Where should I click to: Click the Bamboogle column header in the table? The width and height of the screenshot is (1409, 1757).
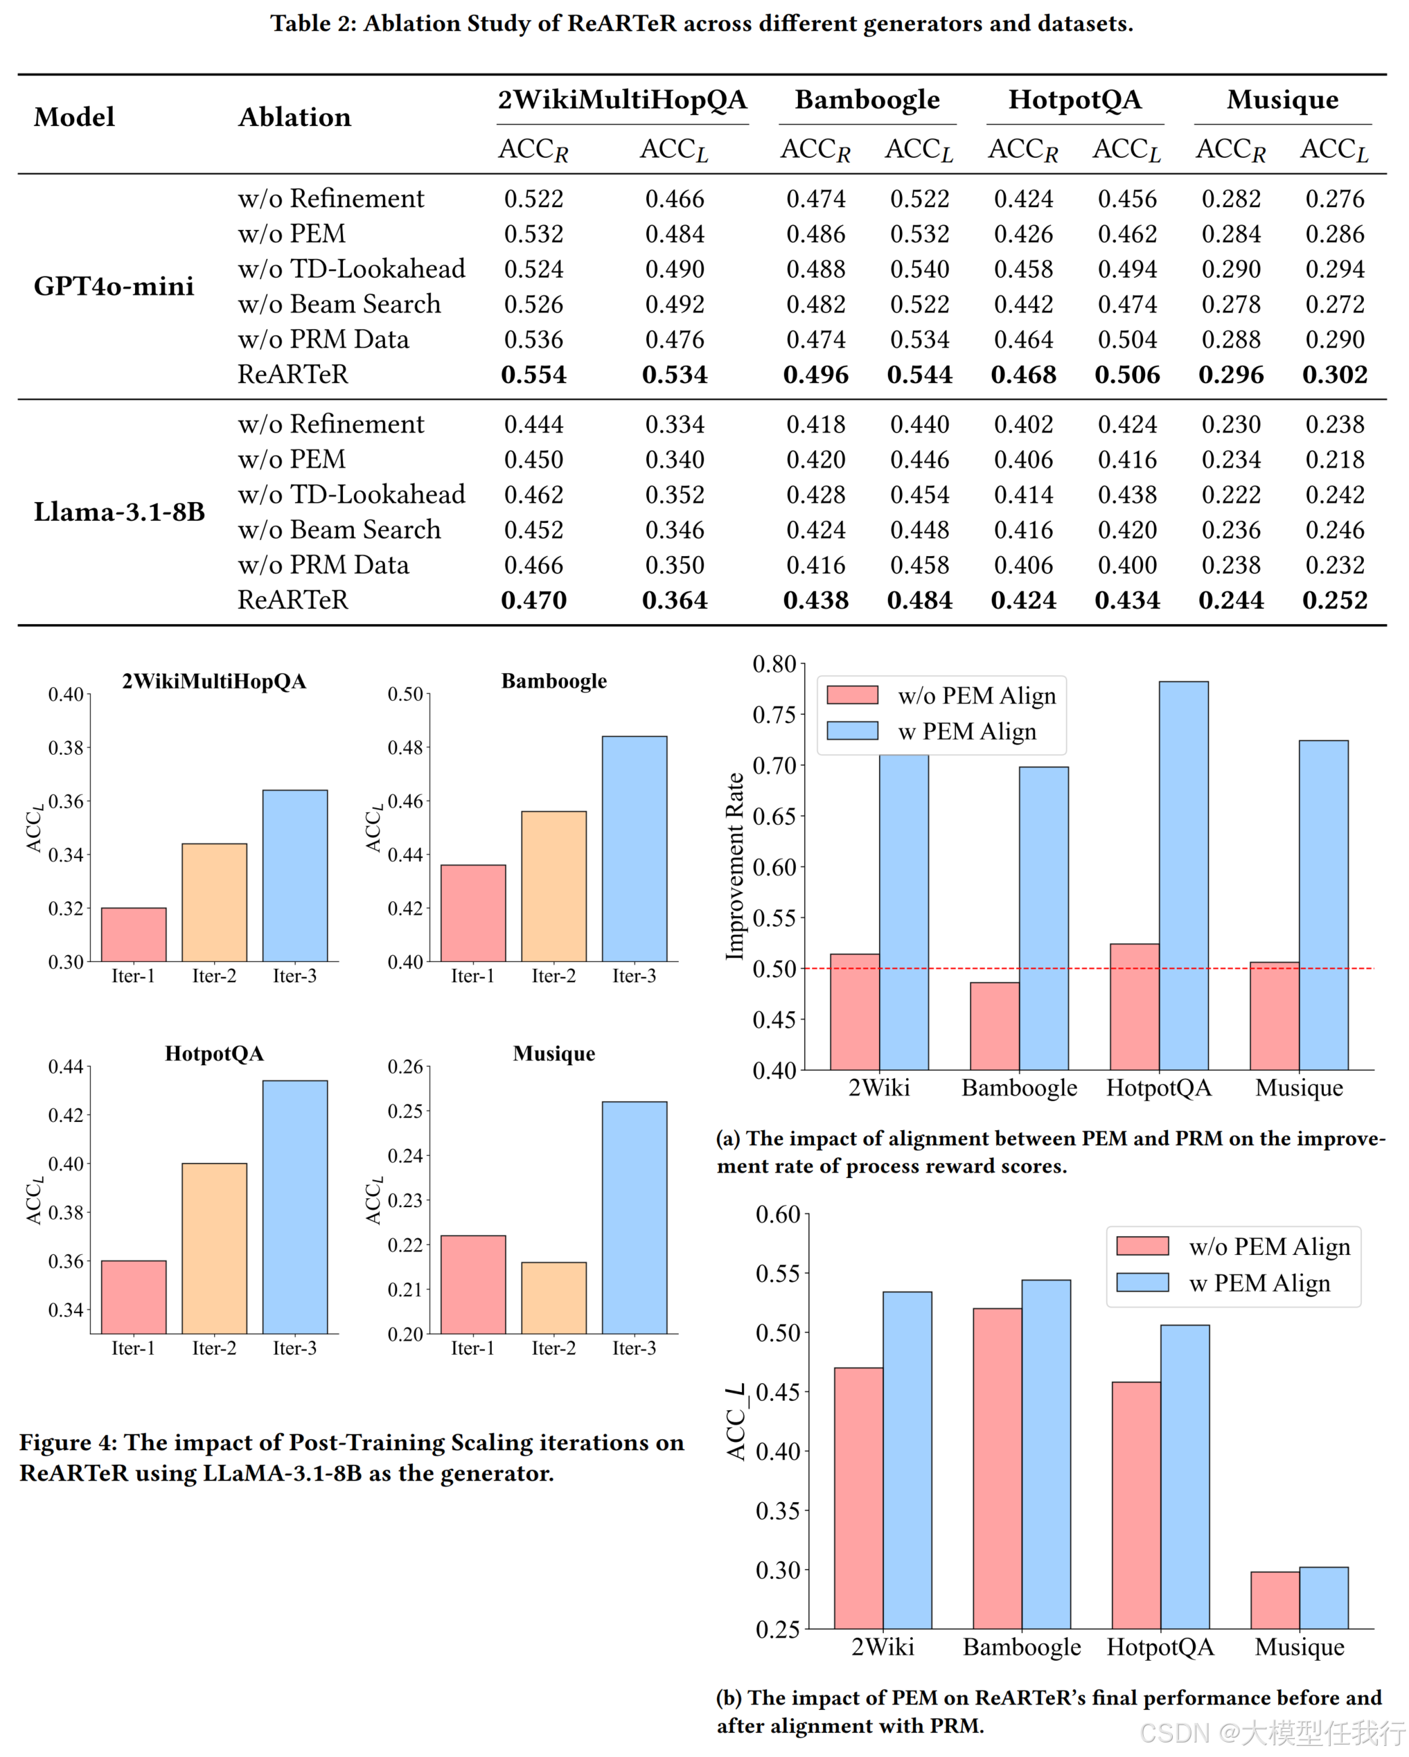coord(867,100)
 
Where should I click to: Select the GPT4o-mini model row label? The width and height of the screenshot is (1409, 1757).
coord(114,286)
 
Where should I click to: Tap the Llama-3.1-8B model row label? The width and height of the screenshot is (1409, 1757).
coord(119,512)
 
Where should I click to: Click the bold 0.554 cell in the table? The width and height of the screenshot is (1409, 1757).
coord(534,375)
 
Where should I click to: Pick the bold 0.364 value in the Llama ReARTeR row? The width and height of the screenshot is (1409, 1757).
coord(675,600)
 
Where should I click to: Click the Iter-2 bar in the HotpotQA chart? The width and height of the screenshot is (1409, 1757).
coord(214,1248)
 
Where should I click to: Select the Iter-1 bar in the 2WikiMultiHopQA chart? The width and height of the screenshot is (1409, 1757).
coord(134,935)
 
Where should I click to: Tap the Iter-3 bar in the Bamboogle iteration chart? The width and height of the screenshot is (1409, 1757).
coord(634,848)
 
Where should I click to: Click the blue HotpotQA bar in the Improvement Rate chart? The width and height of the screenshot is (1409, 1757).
coord(1183,875)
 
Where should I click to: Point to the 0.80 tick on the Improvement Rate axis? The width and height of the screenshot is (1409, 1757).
coord(774,664)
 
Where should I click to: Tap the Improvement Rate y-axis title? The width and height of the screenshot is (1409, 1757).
coord(735,866)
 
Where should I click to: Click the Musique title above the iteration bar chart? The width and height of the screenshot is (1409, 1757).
coord(554,1053)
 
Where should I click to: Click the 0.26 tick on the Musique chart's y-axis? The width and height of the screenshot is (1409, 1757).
coord(405,1067)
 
